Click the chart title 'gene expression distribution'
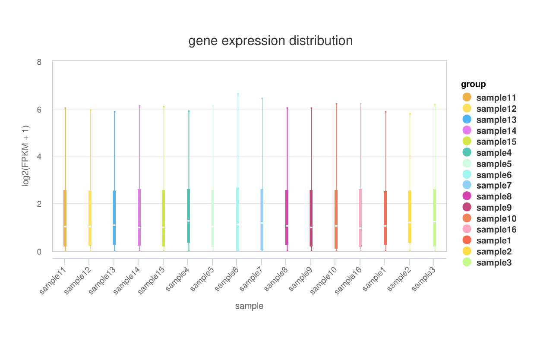[270, 41]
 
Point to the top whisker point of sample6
[238, 94]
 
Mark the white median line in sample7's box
[262, 223]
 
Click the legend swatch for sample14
[467, 130]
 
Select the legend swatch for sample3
[467, 262]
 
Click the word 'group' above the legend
[473, 84]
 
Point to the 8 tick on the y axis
[39, 62]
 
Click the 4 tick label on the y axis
[39, 157]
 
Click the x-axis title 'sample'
[249, 306]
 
